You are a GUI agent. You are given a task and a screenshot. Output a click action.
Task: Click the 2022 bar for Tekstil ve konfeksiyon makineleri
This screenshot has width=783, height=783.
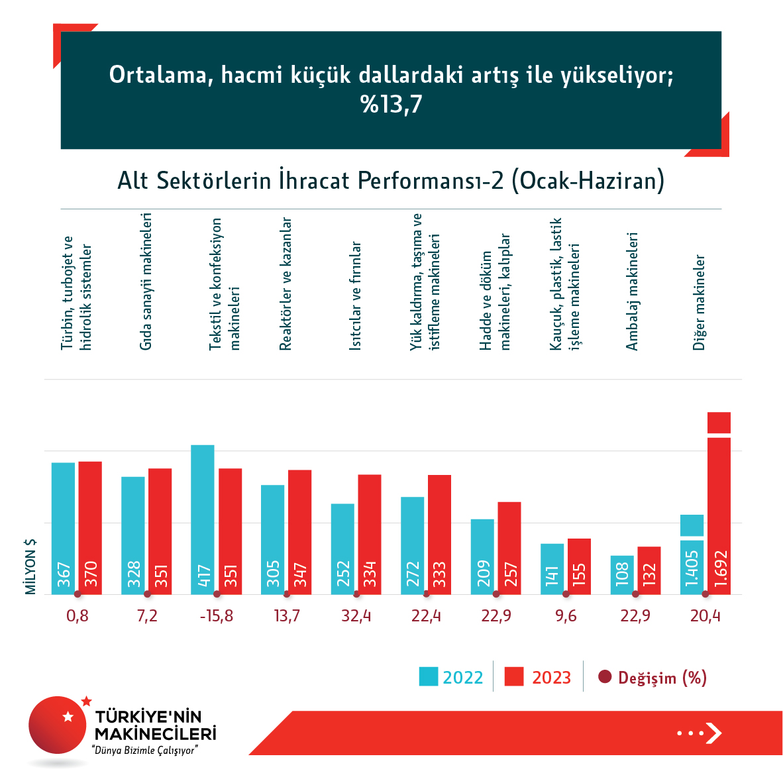pos(203,519)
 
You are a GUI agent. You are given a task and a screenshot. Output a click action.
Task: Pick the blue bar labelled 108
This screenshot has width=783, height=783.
pos(622,574)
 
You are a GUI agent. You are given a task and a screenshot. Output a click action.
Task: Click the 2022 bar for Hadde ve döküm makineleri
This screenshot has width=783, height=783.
pos(482,556)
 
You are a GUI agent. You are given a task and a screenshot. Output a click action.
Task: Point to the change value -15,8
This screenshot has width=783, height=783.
pos(217,616)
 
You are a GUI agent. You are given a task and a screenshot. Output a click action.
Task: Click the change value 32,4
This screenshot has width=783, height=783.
pos(356,616)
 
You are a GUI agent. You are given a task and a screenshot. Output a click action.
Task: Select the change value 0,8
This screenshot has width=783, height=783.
pos(78,616)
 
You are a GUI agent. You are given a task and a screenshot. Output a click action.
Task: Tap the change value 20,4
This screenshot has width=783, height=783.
pos(705,616)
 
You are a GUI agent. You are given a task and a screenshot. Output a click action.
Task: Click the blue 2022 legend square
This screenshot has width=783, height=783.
pos(429,677)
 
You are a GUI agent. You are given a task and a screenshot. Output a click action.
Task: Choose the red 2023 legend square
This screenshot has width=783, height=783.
pos(514,677)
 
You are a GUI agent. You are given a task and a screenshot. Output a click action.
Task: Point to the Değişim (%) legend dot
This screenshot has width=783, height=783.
pos(604,677)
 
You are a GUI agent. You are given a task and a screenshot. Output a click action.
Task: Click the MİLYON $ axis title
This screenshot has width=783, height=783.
pos(30,566)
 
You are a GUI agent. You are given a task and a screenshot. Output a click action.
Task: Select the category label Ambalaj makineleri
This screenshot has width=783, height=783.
pos(632,291)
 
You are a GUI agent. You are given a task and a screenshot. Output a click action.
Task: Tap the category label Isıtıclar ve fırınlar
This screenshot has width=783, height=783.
pos(356,295)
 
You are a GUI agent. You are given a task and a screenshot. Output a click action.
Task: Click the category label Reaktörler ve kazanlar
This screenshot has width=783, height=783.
pos(286,284)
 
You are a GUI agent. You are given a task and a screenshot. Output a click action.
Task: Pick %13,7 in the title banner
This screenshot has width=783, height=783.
pos(391,105)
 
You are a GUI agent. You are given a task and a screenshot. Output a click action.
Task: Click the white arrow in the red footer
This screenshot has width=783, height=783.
pos(713,733)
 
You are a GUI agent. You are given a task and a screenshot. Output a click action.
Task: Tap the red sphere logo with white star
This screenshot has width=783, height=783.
pos(58,725)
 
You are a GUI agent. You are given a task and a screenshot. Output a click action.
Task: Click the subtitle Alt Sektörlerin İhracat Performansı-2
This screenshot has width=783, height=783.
pos(391,180)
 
